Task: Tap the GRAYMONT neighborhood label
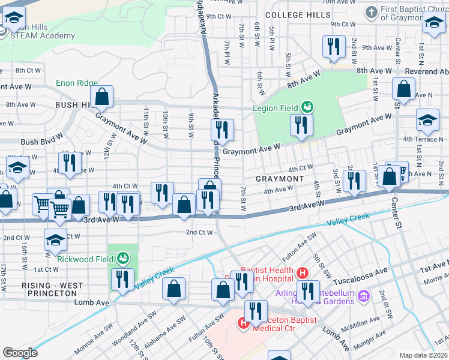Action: pos(280,179)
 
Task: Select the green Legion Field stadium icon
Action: pos(307,107)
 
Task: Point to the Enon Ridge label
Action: pos(76,83)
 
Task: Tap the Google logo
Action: pos(20,353)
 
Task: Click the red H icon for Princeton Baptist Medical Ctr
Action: pos(244,323)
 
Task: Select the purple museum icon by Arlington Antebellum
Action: pos(363,296)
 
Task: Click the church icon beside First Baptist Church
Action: pos(372,11)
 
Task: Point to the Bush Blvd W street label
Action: pos(41,142)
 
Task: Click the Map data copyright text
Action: pos(424,355)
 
